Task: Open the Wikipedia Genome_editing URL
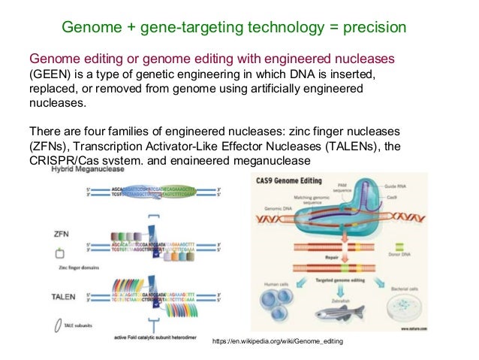(x=277, y=343)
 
